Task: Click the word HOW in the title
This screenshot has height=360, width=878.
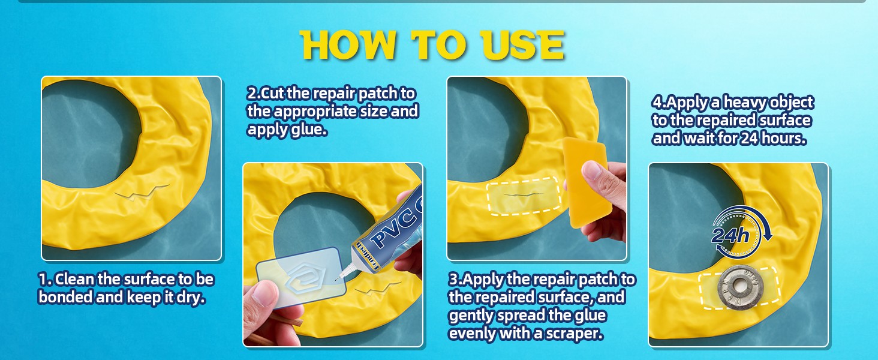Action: pos(348,45)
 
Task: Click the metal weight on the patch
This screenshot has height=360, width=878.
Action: pos(741,286)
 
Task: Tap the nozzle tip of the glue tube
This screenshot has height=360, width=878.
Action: pos(337,279)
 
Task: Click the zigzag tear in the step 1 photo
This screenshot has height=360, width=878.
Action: pos(142,191)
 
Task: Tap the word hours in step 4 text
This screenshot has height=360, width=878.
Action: pos(783,138)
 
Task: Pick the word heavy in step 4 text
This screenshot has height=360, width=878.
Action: pos(745,103)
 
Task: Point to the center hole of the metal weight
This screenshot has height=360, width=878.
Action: pos(740,286)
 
